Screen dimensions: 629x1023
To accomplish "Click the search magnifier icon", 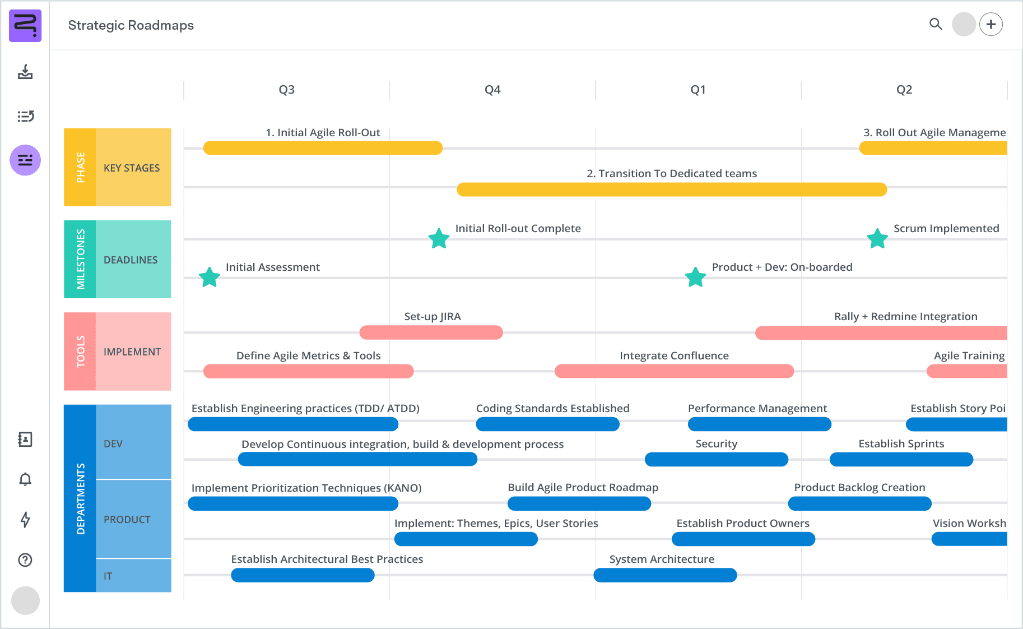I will click(936, 24).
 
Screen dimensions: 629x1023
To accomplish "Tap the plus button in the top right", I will click(991, 24).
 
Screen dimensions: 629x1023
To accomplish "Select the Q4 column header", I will click(492, 90).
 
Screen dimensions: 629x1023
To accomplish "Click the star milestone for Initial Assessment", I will click(210, 277).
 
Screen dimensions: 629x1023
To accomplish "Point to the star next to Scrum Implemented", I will click(877, 239).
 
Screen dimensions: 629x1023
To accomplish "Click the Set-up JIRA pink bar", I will click(431, 332).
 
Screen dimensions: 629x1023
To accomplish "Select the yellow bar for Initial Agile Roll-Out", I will click(323, 148).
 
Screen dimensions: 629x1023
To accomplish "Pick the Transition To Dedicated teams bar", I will click(672, 189).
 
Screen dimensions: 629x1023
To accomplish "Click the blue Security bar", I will click(716, 460).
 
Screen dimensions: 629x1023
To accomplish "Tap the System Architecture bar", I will click(665, 575).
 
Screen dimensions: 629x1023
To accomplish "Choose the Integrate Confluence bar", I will click(674, 371).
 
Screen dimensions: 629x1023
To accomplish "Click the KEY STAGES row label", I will click(132, 168).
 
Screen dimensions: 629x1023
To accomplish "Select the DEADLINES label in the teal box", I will click(131, 260).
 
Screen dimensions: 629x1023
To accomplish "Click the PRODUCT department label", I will click(127, 519).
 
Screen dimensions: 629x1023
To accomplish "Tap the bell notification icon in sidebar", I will click(25, 479).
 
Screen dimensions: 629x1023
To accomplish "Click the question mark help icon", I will click(25, 559).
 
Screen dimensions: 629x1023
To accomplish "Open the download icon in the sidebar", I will click(25, 72).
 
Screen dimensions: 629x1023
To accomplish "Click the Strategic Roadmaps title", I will click(131, 25).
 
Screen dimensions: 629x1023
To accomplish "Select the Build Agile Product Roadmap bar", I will click(579, 503).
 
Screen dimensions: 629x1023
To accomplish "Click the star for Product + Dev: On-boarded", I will click(695, 277).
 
